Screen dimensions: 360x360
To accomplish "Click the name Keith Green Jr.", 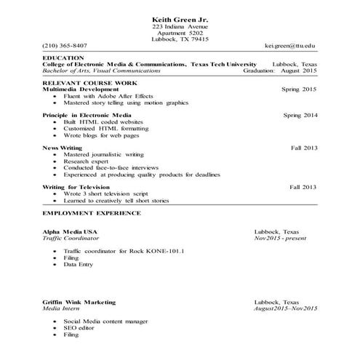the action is click(180, 18).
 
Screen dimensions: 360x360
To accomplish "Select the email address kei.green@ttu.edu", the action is click(290, 45).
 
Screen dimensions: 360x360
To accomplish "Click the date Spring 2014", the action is click(300, 115).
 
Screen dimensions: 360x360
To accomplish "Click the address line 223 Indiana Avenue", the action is click(180, 26).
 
